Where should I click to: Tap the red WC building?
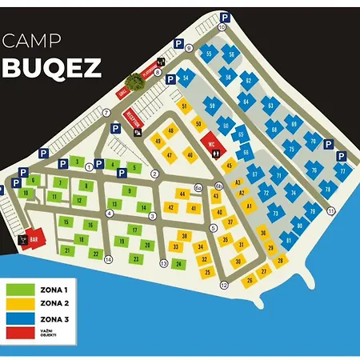tap(212, 145)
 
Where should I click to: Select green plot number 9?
tap(129, 190)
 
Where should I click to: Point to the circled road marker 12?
tap(224, 285)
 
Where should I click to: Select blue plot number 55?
tap(209, 54)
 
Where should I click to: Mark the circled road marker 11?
tap(330, 210)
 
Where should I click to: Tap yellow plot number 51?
tap(185, 106)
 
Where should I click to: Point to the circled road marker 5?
tap(213, 227)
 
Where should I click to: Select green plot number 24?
tap(179, 264)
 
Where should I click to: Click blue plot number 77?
tap(342, 171)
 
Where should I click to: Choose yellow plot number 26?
tap(250, 280)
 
